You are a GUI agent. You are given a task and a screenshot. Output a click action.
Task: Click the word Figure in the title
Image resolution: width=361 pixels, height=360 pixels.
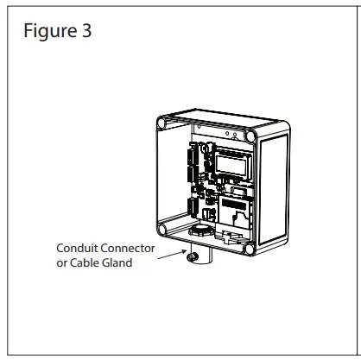click(46, 31)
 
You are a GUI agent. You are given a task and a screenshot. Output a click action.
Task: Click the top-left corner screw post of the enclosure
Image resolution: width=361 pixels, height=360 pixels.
click(161, 122)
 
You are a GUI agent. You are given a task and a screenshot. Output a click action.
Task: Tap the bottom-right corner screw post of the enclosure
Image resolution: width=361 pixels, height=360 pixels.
click(250, 249)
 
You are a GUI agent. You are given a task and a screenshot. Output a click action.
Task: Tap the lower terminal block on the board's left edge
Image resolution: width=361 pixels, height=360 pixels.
click(188, 207)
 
